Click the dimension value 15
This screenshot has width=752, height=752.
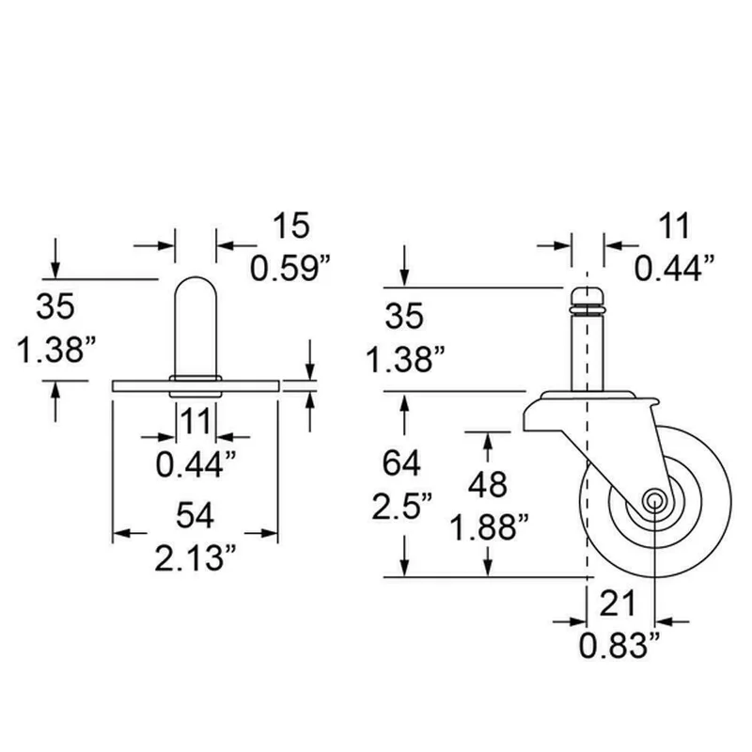(291, 226)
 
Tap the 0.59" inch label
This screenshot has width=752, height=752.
(290, 268)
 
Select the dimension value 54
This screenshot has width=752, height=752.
(196, 516)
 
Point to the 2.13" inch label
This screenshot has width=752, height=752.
(196, 557)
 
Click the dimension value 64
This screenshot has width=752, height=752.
(401, 462)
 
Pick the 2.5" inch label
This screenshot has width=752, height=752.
(402, 506)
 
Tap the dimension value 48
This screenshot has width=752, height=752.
(488, 484)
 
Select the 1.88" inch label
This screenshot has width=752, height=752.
(489, 527)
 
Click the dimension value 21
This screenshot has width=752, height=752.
(618, 603)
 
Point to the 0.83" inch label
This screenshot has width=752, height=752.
(619, 645)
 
